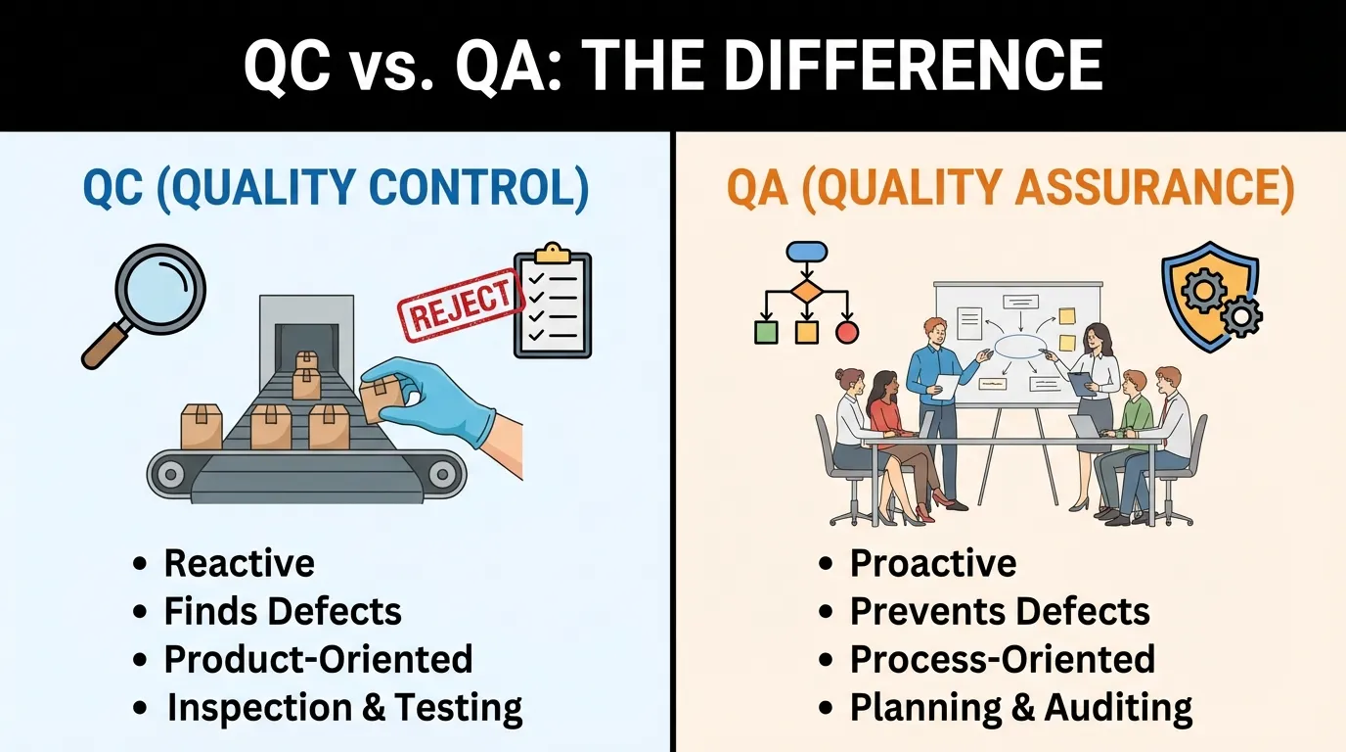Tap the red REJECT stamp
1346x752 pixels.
457,305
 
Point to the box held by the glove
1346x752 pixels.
381,396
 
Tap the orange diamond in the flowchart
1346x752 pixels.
806,292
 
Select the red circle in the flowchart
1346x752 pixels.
847,332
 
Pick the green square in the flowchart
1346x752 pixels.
766,332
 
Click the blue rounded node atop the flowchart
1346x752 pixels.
806,252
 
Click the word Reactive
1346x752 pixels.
239,563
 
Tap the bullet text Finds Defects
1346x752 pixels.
283,612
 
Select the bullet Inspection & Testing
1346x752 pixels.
344,707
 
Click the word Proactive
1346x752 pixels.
932,563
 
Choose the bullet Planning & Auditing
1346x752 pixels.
1020,707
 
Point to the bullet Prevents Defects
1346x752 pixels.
1000,612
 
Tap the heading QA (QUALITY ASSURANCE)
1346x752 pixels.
1009,188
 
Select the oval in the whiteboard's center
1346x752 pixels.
1020,346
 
